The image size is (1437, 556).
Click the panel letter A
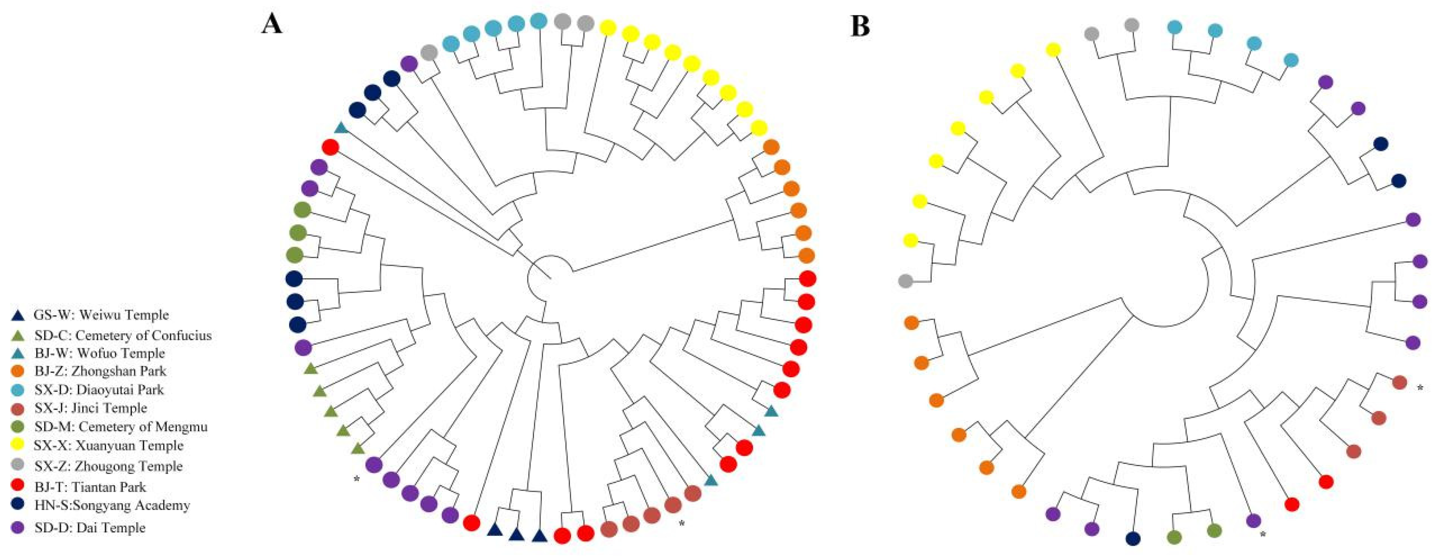pos(272,25)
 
